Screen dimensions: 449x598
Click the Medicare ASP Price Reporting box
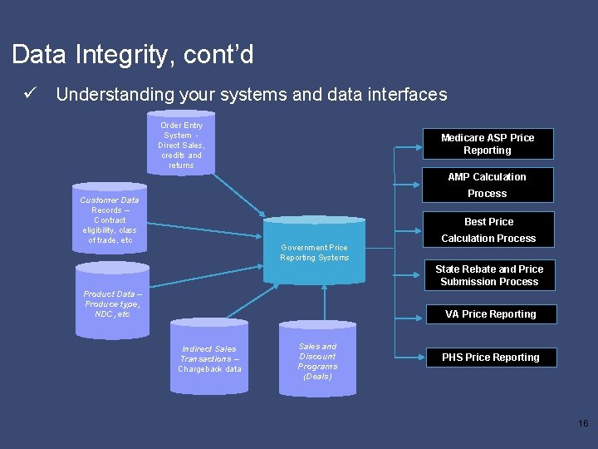[x=487, y=144]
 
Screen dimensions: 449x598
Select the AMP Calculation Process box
[x=487, y=185]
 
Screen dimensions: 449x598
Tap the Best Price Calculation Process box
[x=488, y=229]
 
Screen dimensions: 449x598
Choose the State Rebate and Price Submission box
[x=489, y=275]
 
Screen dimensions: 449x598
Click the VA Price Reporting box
[x=490, y=313]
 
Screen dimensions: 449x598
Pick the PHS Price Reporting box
[x=490, y=358]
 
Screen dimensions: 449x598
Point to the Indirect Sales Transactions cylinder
[x=209, y=357]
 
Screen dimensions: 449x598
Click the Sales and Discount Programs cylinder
[x=317, y=359]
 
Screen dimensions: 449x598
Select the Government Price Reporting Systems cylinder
[x=315, y=251]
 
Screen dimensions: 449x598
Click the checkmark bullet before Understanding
[x=31, y=94]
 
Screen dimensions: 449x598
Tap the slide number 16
[x=582, y=424]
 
